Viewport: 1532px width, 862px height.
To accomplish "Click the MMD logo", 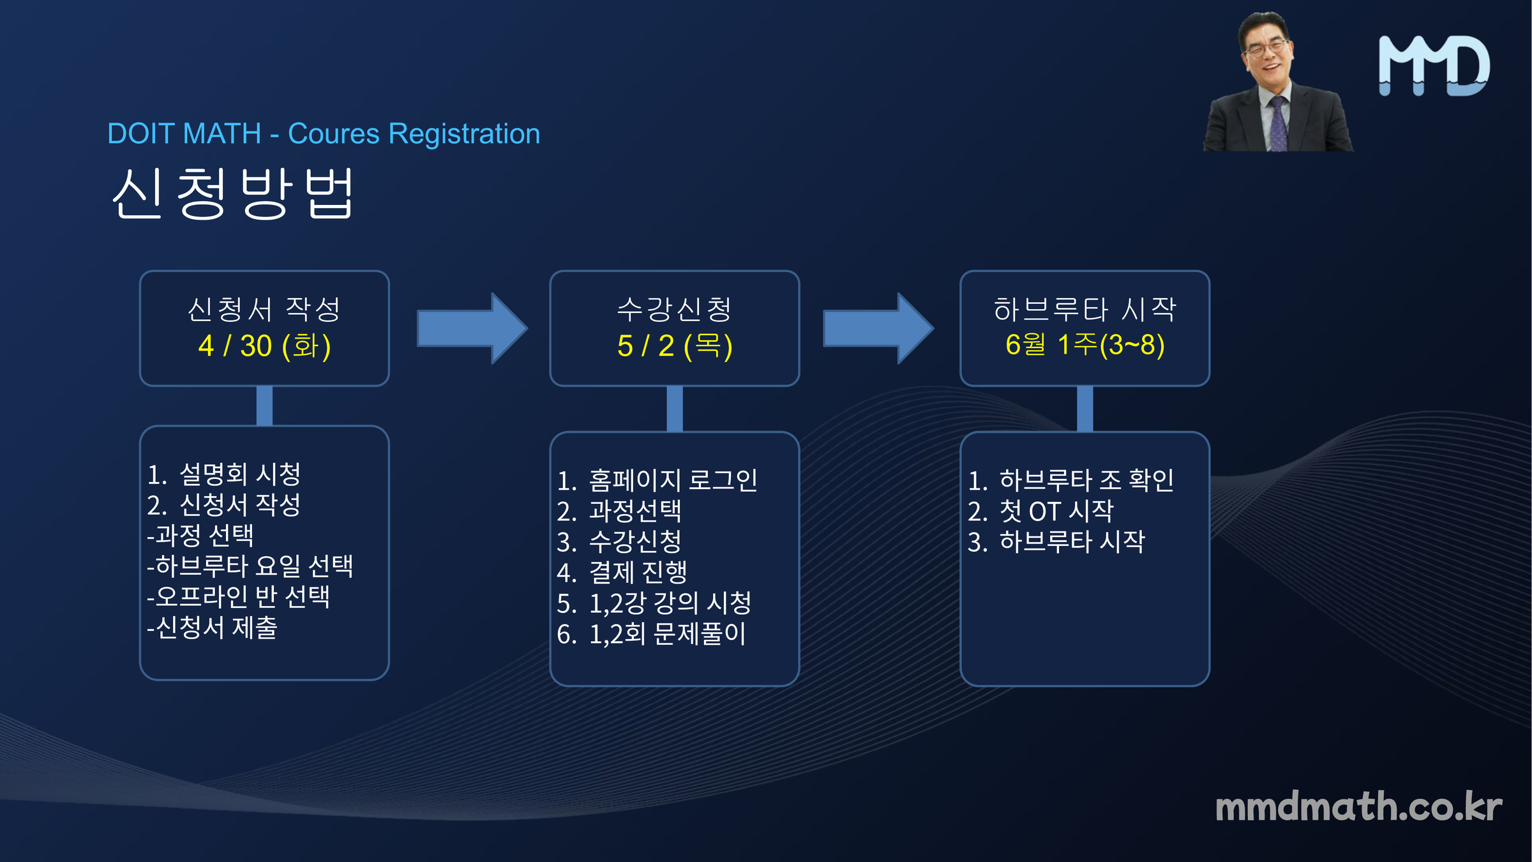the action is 1434,66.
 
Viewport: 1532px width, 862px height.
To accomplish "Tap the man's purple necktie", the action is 1277,124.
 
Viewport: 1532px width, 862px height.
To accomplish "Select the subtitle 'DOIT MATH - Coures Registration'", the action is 324,134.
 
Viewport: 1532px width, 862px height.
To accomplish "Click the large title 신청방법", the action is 232,193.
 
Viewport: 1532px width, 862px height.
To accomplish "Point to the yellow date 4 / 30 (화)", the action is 264,346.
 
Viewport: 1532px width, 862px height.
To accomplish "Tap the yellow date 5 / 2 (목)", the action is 675,346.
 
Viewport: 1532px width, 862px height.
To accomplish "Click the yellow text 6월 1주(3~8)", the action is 1085,345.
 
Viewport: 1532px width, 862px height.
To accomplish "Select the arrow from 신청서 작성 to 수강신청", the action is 472,328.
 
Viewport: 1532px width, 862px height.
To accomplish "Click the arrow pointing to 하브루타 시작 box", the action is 878,328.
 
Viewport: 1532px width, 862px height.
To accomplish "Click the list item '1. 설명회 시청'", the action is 224,474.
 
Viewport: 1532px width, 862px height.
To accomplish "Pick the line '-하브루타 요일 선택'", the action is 250,566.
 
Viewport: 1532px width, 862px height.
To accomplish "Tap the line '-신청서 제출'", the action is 213,627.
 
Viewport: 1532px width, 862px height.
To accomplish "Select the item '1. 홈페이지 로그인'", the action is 657,480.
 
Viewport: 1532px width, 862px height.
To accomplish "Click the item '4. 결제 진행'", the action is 622,572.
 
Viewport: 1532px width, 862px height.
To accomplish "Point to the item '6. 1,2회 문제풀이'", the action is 652,633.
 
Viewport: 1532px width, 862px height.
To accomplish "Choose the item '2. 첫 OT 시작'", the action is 1040,511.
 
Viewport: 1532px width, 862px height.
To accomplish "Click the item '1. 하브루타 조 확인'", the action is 1071,480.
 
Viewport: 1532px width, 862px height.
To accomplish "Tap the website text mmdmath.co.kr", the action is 1358,806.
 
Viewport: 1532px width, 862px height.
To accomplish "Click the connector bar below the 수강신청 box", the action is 675,409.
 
